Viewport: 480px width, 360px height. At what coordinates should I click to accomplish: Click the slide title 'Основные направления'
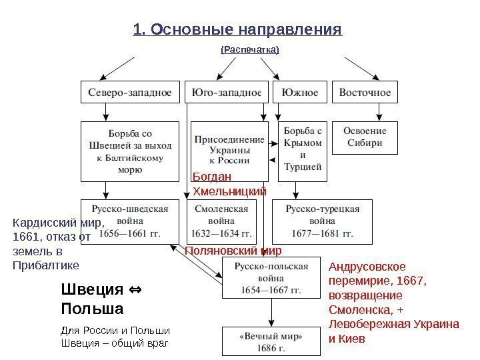(237, 30)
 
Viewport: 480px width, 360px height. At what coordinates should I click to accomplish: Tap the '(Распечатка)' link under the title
(249, 50)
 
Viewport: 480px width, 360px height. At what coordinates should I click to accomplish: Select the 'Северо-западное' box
(130, 92)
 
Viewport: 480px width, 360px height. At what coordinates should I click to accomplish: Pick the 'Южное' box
(300, 92)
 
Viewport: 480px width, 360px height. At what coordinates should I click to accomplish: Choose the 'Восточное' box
(365, 92)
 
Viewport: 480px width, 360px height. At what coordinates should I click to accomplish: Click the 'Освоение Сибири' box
(365, 137)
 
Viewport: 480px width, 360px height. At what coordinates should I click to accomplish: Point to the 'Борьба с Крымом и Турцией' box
(303, 151)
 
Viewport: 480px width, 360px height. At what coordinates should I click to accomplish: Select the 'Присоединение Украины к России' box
(229, 150)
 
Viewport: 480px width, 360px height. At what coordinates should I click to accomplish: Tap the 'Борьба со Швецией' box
(130, 151)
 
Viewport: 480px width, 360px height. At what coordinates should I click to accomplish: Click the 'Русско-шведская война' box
(130, 221)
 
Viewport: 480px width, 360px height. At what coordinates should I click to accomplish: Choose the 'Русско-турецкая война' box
(323, 221)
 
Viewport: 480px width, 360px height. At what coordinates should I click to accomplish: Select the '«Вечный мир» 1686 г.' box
(271, 340)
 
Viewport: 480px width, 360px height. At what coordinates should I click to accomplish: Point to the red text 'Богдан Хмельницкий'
(229, 184)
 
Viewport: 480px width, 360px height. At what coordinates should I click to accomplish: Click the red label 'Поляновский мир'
(232, 251)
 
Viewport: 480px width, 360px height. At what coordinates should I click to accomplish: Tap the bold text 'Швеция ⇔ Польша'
(93, 299)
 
